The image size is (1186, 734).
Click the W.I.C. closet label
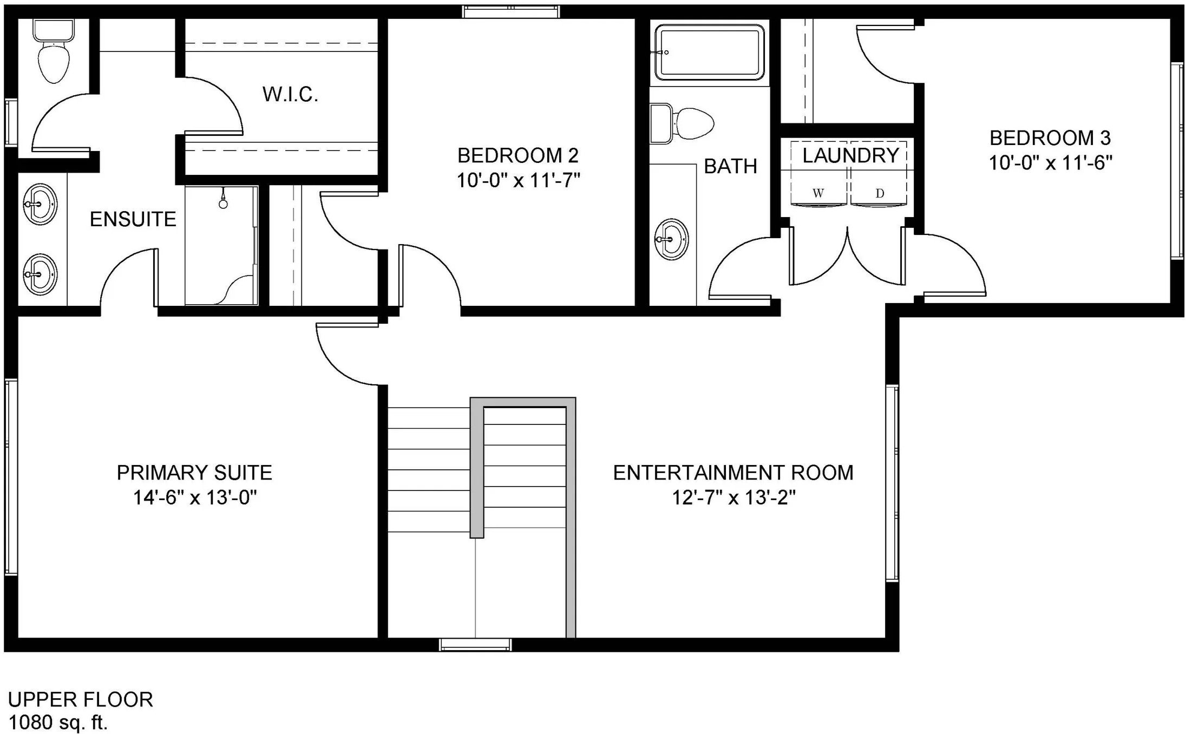click(x=290, y=94)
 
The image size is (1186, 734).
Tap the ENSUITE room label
click(x=133, y=219)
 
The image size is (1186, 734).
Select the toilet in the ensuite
click(x=53, y=52)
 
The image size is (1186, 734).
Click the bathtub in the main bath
click(x=709, y=52)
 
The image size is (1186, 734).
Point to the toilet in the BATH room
click(x=682, y=124)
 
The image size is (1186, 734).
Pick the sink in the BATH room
click(x=672, y=239)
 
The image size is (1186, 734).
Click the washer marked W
click(x=818, y=193)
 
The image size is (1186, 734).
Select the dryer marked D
click(x=879, y=193)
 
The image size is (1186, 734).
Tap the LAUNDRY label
click(x=851, y=156)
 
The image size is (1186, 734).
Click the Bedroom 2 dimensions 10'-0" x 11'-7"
click(x=518, y=180)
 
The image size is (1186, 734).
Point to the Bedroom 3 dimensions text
click(x=1050, y=162)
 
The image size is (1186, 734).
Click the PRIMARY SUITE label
click(x=194, y=473)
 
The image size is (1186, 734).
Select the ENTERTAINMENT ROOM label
click(x=733, y=473)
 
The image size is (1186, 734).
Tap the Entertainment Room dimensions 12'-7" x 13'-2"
click(x=733, y=497)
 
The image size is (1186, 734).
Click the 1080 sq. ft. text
click(x=58, y=722)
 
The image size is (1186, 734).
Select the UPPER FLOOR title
click(x=81, y=699)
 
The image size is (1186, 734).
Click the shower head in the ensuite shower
click(x=223, y=199)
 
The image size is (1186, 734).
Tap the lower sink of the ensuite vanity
click(x=40, y=274)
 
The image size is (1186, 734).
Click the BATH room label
click(x=730, y=166)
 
